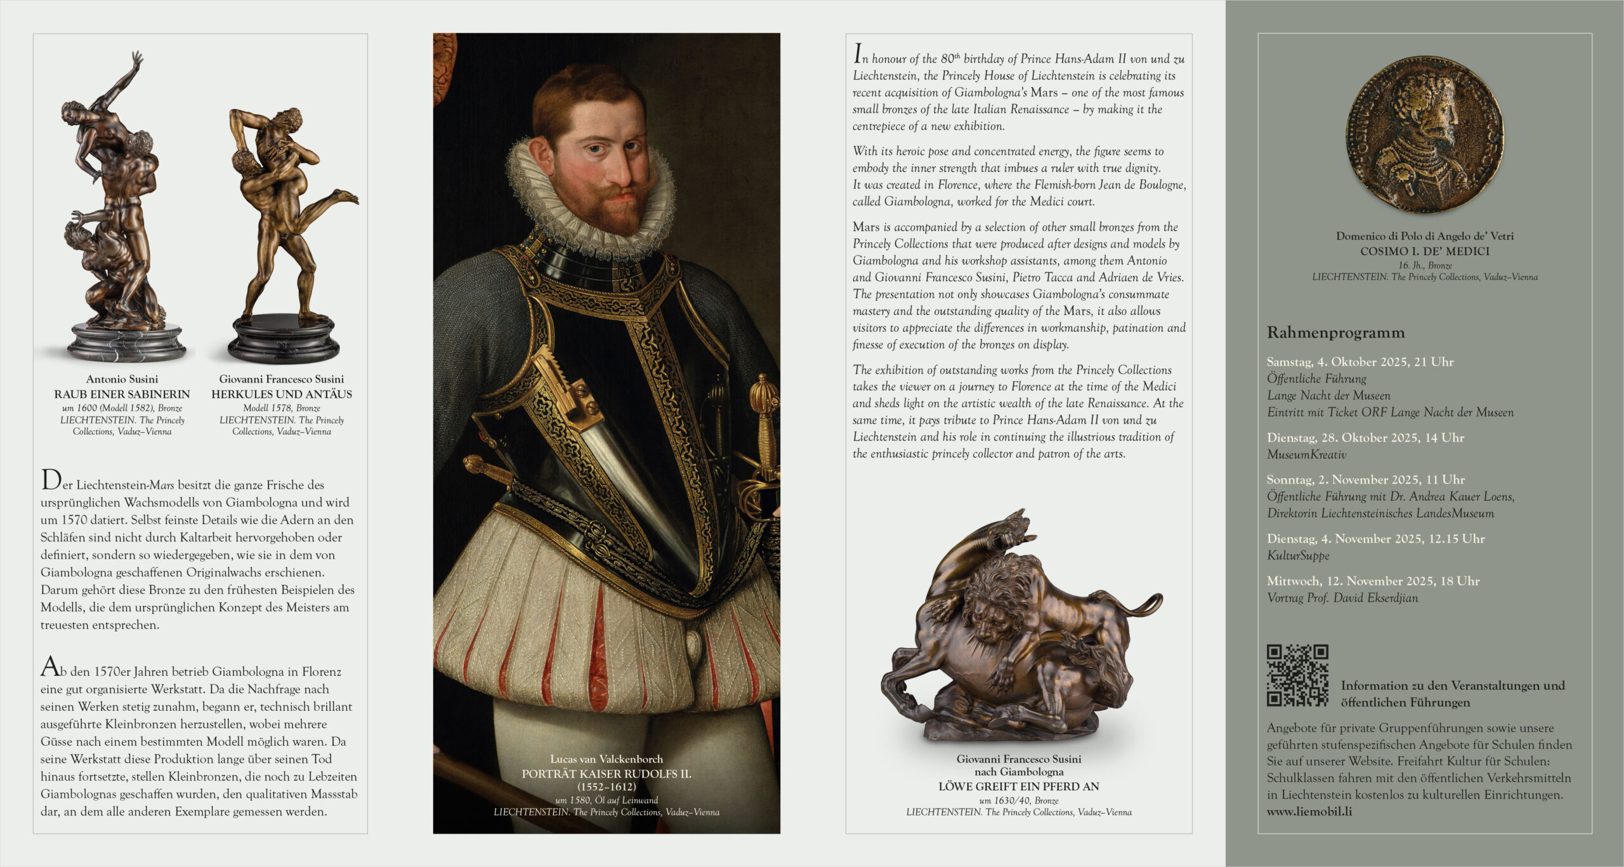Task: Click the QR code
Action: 1297,675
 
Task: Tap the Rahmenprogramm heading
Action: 1335,333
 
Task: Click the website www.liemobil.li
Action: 1309,811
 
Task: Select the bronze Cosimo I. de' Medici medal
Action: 1424,135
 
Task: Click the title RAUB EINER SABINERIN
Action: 122,394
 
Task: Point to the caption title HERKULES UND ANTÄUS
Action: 282,394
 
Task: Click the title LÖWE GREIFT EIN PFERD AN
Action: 1019,786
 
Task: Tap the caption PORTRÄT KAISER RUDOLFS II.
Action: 606,774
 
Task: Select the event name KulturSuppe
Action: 1298,555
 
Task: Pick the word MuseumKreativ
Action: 1306,454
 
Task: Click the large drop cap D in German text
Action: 50,480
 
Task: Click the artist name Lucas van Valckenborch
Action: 606,759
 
